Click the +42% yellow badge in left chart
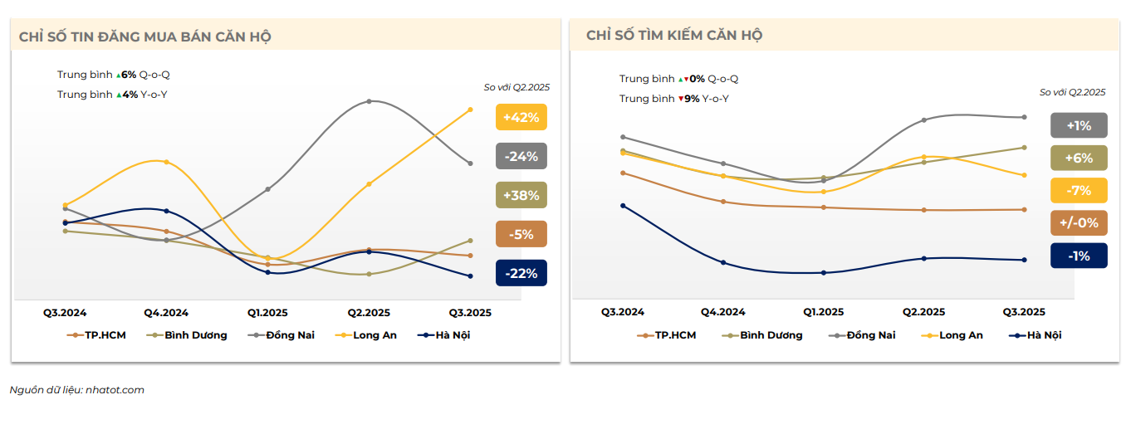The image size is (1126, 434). [x=521, y=117]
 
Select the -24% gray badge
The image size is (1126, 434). [x=521, y=156]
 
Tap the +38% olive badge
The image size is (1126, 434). [x=521, y=196]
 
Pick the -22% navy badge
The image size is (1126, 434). [x=521, y=273]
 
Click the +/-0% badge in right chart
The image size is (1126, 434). [x=1079, y=222]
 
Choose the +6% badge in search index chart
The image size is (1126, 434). [x=1079, y=158]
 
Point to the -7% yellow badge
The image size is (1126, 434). [x=1079, y=190]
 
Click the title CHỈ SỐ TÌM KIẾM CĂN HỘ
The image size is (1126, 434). [x=674, y=35]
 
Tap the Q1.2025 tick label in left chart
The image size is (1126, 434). [x=267, y=313]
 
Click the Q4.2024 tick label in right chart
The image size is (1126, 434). [x=722, y=312]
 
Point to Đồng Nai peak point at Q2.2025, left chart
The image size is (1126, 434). [x=369, y=101]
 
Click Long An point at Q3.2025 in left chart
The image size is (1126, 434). [x=470, y=110]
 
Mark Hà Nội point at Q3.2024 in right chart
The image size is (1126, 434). [x=623, y=206]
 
